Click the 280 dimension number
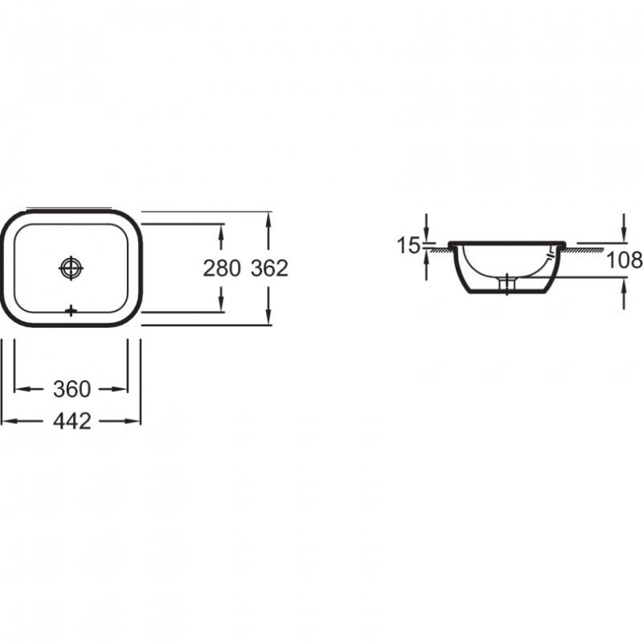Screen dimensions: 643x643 222,268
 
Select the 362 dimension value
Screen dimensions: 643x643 269,268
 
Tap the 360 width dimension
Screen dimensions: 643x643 72,389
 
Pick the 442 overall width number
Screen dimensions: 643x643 72,421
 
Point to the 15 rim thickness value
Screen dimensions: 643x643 408,246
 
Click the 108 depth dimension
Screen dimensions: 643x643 625,260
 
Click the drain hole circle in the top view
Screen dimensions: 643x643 71,268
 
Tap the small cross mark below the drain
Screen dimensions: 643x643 71,311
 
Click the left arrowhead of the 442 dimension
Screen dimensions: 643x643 8,421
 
